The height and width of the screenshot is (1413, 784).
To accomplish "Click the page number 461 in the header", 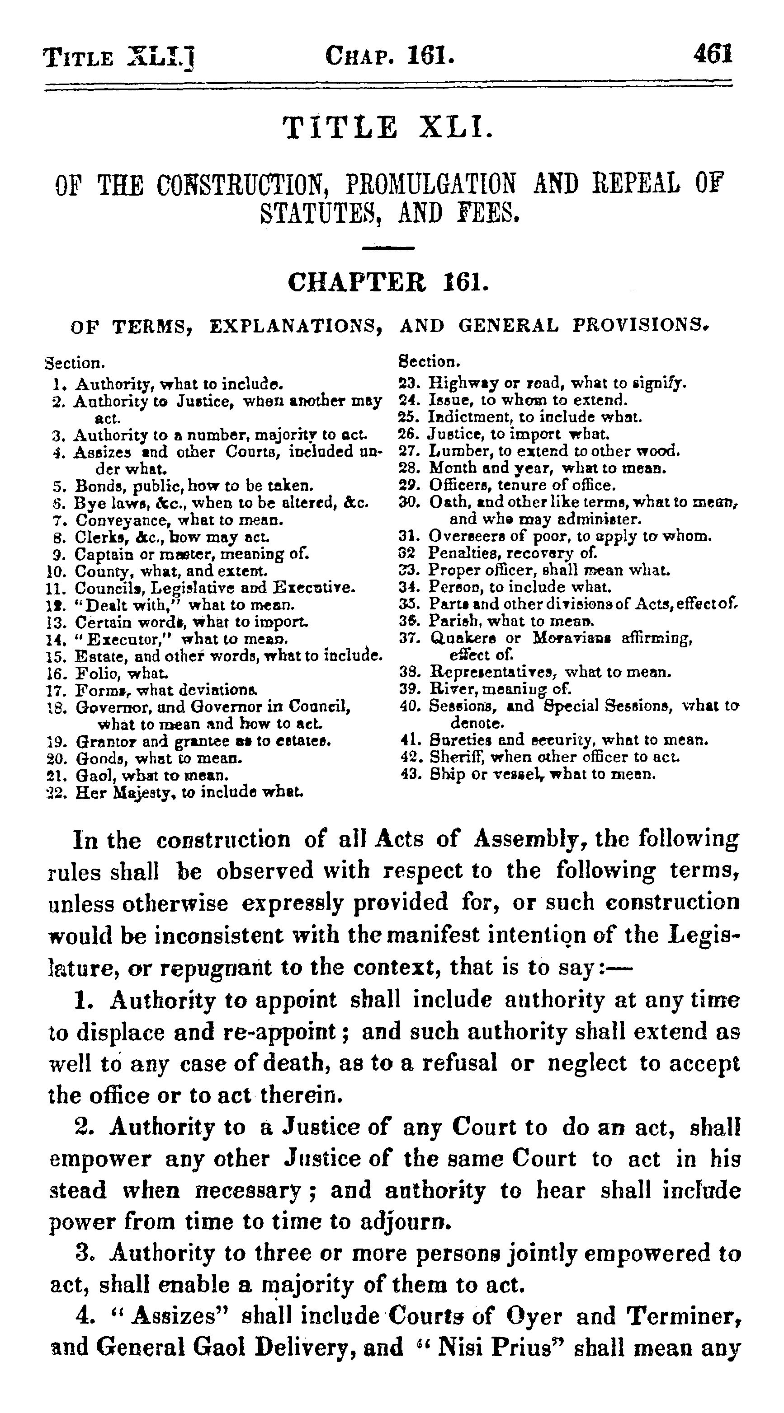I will click(713, 56).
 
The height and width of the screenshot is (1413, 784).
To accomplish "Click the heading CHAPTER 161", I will click(387, 283).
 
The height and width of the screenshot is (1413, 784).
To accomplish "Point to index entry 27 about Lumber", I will click(554, 451).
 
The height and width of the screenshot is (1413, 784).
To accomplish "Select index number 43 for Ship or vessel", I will click(412, 775).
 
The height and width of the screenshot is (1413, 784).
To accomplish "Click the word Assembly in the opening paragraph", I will click(529, 839).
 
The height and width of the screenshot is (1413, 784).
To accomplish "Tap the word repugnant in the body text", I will click(216, 968).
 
